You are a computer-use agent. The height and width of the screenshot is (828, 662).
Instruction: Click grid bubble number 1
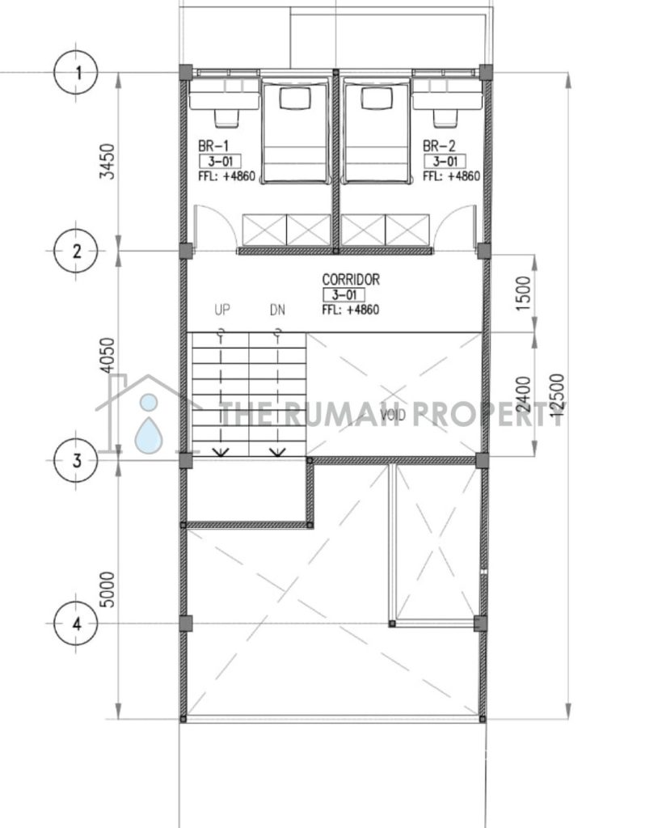pos(77,72)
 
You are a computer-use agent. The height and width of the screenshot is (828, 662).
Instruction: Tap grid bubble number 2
pos(77,251)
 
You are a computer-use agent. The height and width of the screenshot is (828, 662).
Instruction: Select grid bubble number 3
pos(77,460)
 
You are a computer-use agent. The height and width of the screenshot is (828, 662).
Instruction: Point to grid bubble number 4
pos(77,623)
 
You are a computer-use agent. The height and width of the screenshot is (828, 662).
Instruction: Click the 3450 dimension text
pos(108,162)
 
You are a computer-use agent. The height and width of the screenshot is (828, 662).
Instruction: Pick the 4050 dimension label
pos(108,356)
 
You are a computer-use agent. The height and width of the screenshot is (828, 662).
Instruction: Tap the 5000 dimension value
pos(108,589)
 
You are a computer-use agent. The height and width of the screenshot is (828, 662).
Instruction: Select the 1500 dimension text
pos(523,294)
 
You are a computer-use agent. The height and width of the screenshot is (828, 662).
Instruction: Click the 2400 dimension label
pos(523,394)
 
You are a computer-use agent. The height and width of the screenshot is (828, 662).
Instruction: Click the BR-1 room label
pos(213,146)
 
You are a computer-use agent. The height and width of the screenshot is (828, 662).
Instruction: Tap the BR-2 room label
pos(439,146)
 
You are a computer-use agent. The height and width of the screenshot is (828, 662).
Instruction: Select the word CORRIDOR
pos(351,279)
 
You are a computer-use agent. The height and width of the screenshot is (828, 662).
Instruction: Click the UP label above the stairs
pos(222,310)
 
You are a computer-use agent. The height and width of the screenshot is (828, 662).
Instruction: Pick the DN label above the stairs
pos(277,310)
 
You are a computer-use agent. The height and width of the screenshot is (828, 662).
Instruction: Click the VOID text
pos(393,415)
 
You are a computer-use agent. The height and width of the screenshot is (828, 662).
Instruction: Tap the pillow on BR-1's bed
pos(295,99)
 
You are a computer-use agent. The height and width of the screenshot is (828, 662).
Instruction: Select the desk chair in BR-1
pos(227,118)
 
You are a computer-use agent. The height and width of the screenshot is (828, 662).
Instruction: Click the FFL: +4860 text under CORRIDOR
pos(351,310)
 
